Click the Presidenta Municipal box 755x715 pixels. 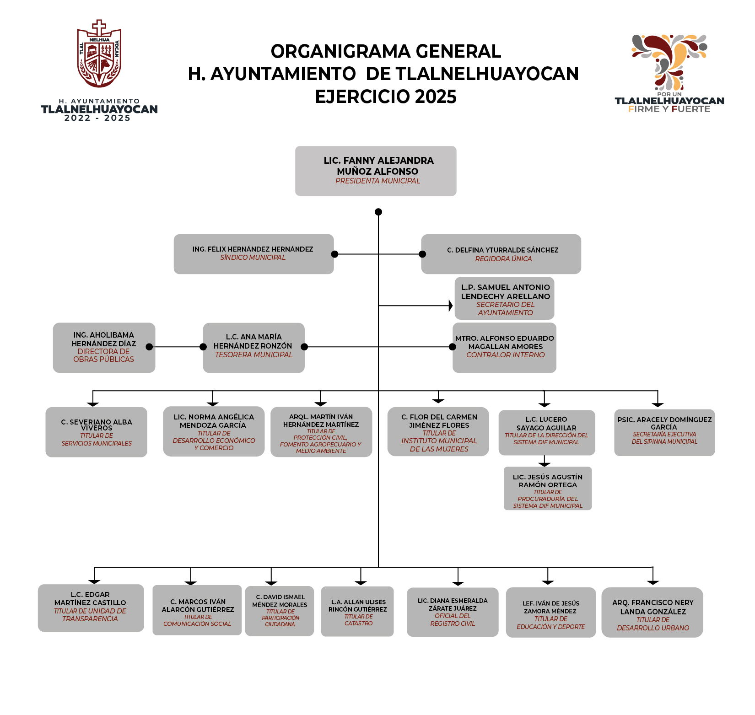pos(376,171)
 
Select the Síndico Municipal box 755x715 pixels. pos(253,254)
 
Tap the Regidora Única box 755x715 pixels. pos(501,254)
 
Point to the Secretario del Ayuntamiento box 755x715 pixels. pos(504,298)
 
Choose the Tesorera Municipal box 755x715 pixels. pos(253,348)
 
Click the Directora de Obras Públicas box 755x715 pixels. pos(104,348)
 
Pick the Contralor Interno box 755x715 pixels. pos(504,348)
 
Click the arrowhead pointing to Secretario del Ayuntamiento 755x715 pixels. pos(450,306)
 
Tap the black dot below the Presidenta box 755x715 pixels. pos(378,212)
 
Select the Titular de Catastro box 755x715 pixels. pos(357,611)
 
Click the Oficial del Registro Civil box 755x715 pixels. pos(453,612)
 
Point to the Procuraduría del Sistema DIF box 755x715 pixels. pos(548,488)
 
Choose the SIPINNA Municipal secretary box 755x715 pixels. pos(664,432)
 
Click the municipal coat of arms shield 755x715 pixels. pos(99,55)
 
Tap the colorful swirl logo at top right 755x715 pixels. pos(669,62)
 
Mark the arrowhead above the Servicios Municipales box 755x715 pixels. pos(93,403)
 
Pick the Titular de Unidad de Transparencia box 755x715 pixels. pos(91,608)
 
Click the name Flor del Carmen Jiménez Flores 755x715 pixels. pos(439,421)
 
